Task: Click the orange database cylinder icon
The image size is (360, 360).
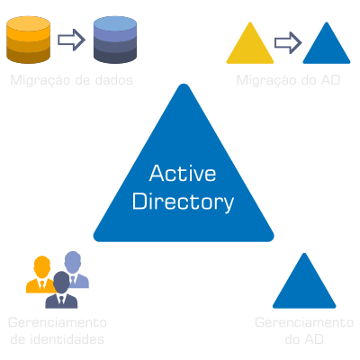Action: pyautogui.click(x=28, y=40)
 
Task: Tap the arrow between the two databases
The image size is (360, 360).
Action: pyautogui.click(x=70, y=40)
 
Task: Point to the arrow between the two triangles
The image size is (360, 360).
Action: pyautogui.click(x=287, y=42)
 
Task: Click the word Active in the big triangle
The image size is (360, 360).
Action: pyautogui.click(x=183, y=173)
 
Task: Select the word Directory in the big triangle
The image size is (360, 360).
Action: pyautogui.click(x=183, y=202)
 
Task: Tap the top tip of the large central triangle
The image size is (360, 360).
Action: pyautogui.click(x=183, y=87)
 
